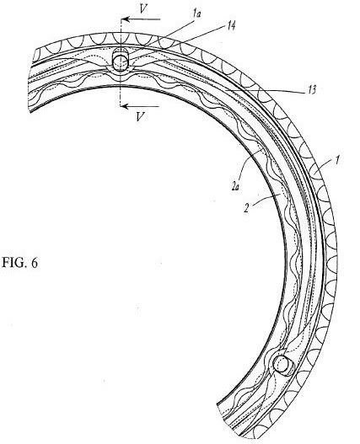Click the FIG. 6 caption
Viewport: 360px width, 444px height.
19,263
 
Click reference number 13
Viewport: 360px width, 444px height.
311,90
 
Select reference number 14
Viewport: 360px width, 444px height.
230,26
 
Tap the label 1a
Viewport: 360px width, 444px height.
196,13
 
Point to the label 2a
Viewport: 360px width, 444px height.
235,186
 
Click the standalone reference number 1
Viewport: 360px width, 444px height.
336,160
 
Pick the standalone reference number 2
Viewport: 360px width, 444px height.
246,209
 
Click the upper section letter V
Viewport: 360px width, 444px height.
143,9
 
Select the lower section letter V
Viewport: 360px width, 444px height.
139,116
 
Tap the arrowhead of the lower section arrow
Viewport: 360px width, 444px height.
125,106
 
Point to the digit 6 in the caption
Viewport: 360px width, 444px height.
35,263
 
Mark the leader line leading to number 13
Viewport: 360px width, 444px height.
265,89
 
